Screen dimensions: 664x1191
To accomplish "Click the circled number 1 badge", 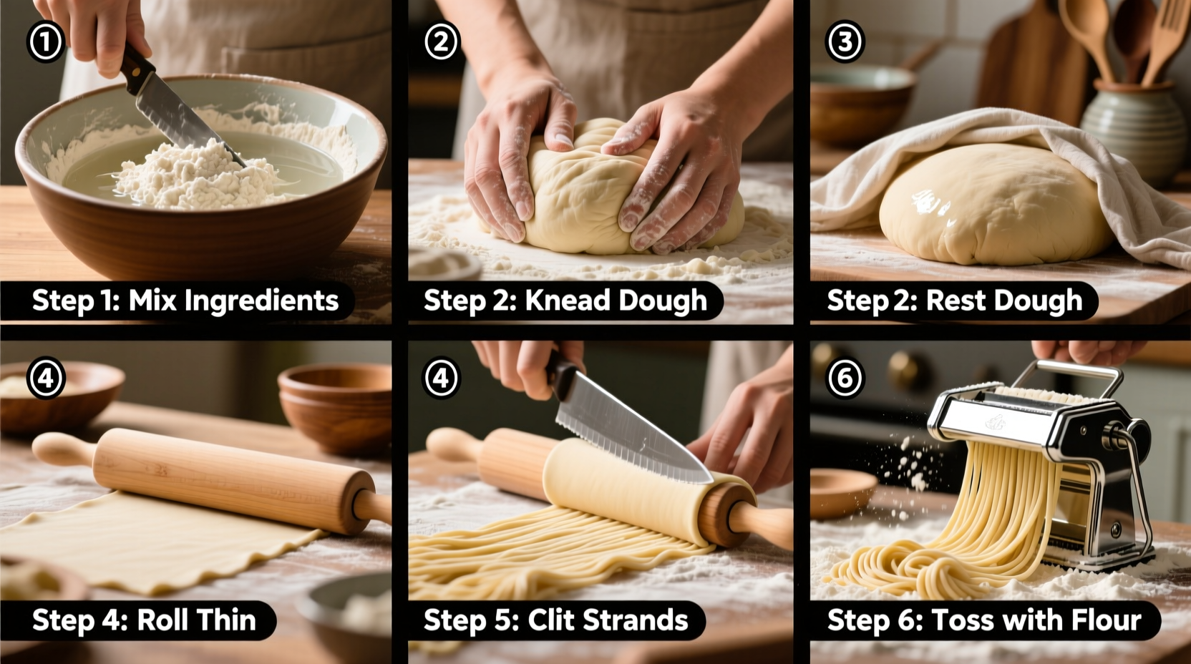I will point(46,41).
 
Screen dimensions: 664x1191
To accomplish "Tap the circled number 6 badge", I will point(845,377).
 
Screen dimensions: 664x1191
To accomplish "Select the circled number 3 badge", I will point(845,41).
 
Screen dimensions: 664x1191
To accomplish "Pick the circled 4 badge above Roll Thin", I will point(46,377).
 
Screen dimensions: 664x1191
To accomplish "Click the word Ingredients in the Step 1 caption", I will point(261,301).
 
